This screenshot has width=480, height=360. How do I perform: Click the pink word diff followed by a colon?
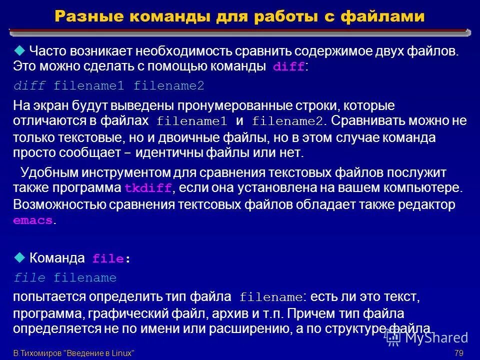(x=288, y=67)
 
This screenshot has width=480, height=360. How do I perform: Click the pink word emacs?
(x=32, y=221)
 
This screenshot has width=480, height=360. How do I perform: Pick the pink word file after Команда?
(x=107, y=259)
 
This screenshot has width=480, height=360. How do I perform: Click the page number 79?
(x=459, y=353)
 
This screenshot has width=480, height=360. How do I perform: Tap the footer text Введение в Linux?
(x=100, y=353)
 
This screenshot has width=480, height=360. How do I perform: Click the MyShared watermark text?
(x=436, y=337)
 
